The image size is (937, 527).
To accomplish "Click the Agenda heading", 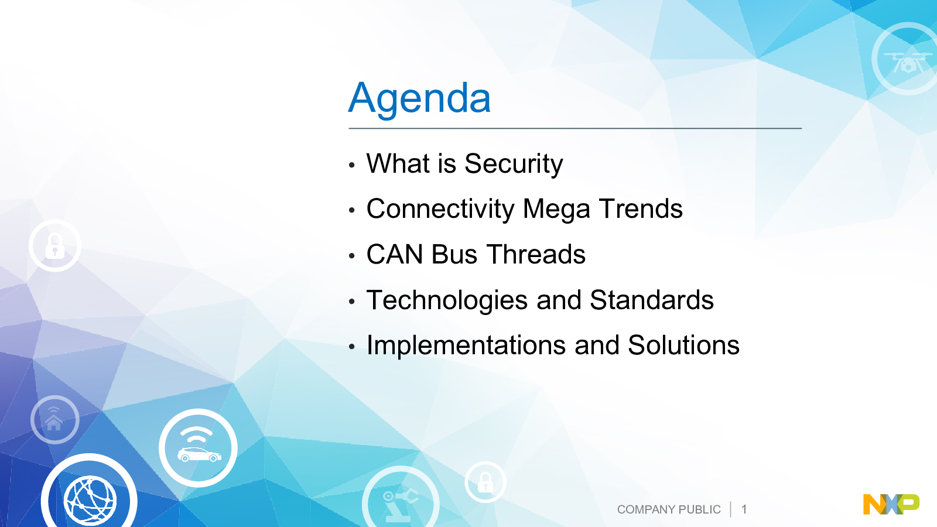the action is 419,98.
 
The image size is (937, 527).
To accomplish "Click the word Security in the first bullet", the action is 514,164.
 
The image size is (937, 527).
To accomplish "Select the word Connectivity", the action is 440,209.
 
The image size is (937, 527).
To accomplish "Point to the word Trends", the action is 641,208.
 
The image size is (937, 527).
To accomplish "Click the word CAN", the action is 395,254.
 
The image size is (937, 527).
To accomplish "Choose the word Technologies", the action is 447,300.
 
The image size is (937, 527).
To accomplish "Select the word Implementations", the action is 467,345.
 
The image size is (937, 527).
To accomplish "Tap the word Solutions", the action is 684,345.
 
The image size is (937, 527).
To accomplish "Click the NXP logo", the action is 891,504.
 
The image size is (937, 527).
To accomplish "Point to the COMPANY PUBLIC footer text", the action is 669,509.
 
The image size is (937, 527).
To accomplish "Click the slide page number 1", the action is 744,509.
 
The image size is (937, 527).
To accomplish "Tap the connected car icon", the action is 199,448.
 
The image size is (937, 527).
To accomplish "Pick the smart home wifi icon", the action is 55,419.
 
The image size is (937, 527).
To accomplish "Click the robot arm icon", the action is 401,502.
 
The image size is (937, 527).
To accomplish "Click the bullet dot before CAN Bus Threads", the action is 352,255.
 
